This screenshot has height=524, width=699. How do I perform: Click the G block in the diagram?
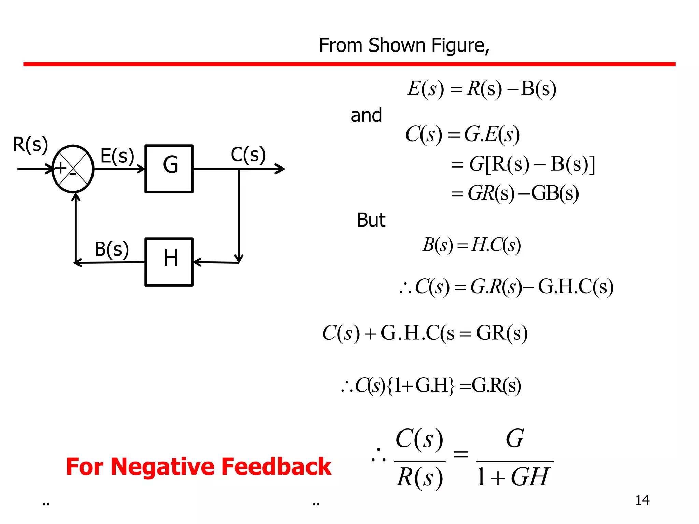(x=169, y=169)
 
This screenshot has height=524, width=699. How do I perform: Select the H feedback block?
(x=169, y=262)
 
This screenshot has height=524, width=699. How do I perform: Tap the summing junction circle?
(x=73, y=169)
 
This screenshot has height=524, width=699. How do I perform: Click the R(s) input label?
(x=30, y=144)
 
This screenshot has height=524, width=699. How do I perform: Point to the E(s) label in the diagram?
(x=117, y=156)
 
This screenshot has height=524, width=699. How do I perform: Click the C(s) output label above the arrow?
(x=248, y=155)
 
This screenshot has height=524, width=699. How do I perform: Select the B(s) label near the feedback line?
(x=112, y=249)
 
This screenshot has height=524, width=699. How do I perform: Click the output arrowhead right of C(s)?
(x=281, y=169)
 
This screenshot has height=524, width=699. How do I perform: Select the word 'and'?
(x=366, y=115)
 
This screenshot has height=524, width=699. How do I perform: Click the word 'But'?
(x=371, y=220)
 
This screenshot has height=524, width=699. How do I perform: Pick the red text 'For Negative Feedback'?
(x=199, y=466)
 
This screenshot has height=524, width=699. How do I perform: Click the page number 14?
(x=642, y=500)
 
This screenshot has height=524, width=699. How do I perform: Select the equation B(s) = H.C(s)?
(x=472, y=245)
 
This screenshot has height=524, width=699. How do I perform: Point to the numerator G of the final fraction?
(x=515, y=438)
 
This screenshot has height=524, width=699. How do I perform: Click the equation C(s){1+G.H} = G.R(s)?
(x=431, y=386)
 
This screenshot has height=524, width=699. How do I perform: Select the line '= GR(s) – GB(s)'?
(x=515, y=193)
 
